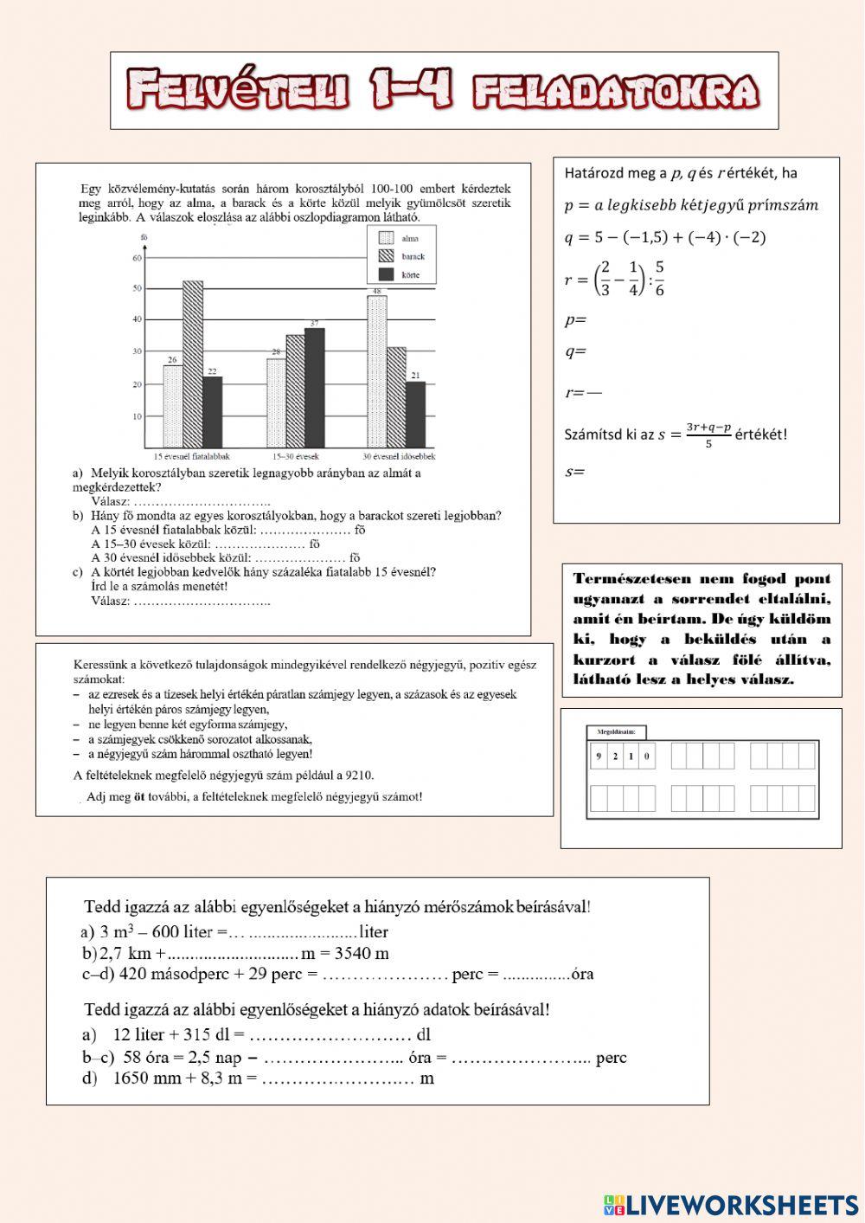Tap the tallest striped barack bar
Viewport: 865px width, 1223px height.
(192, 364)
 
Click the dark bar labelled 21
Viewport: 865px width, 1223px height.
(415, 414)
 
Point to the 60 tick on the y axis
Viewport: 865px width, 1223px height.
(137, 257)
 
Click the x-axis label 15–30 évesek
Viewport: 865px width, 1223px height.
(295, 456)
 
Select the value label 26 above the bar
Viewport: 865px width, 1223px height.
(172, 359)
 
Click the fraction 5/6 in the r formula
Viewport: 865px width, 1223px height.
(659, 279)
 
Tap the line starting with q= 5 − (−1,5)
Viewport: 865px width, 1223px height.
(664, 237)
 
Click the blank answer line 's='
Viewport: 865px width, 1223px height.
(574, 473)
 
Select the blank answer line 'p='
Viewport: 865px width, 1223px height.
(575, 319)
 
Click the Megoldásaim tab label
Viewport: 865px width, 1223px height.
(615, 732)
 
